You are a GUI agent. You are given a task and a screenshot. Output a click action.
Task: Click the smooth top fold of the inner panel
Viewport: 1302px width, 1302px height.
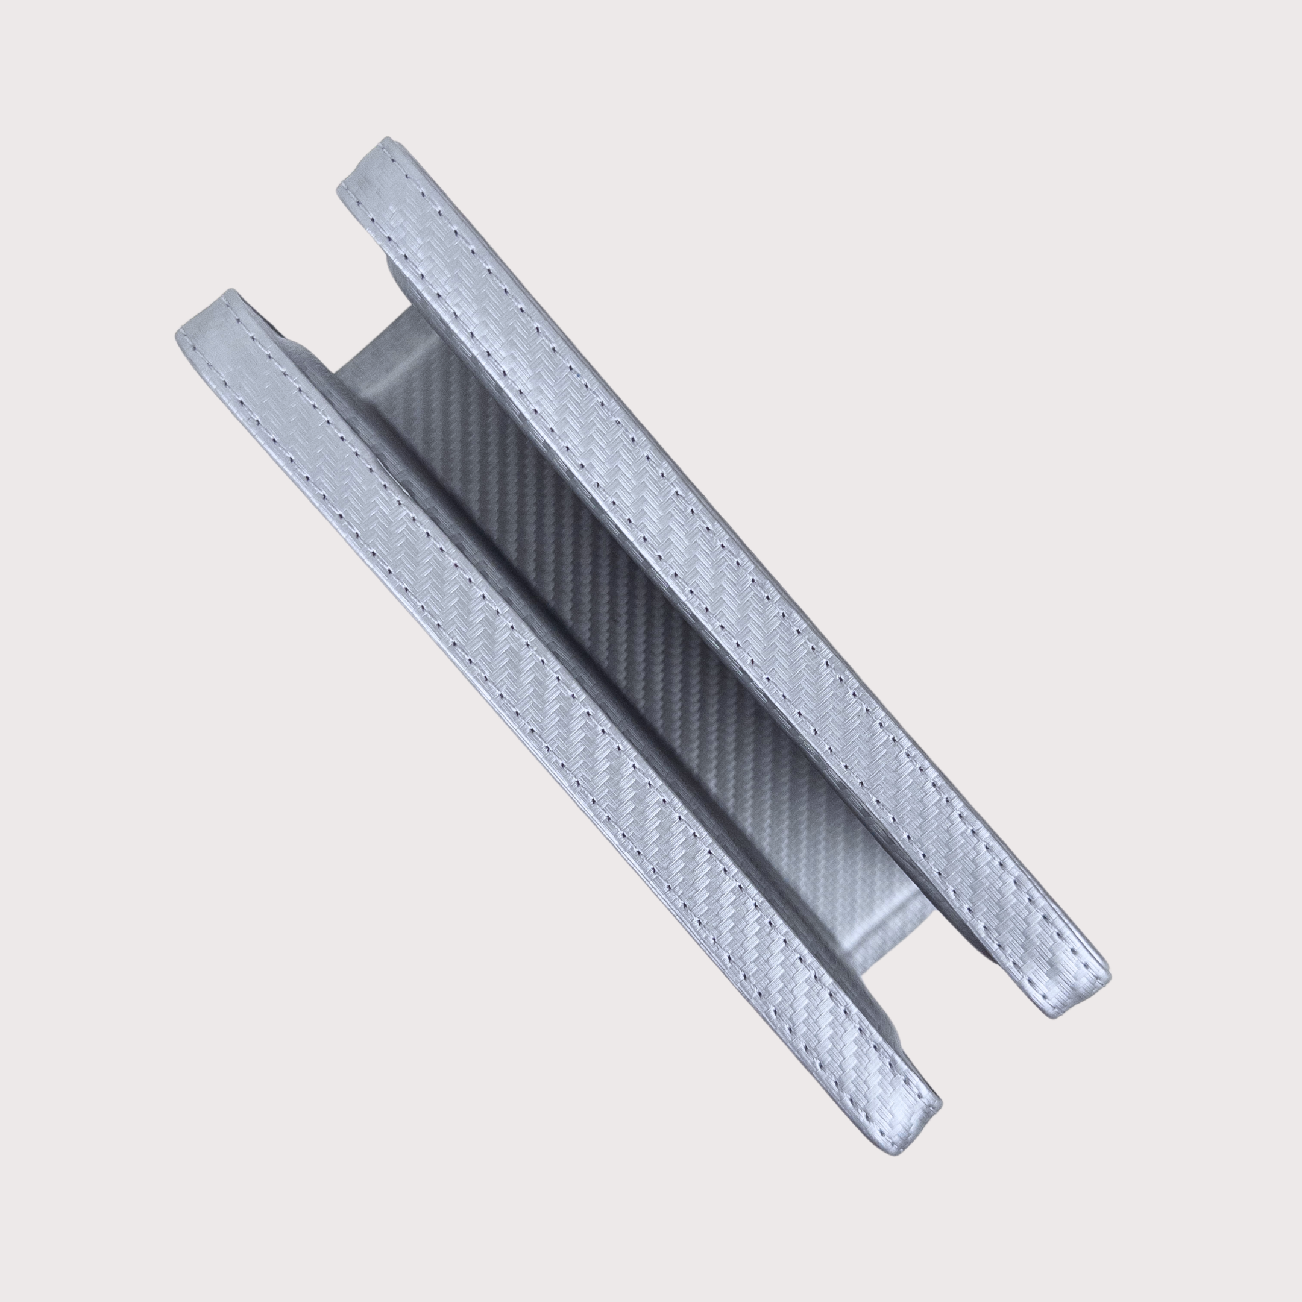pyautogui.click(x=384, y=337)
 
